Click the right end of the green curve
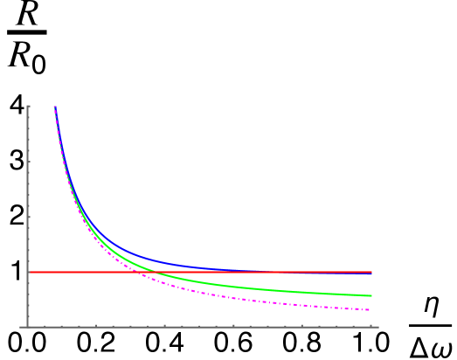tap(371, 295)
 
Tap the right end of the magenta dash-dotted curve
tap(371, 309)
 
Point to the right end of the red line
tap(371, 272)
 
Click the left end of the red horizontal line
tap(29, 272)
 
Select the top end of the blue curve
tap(54, 106)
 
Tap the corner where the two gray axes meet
tap(28, 327)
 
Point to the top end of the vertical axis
tap(28, 106)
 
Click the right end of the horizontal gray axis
tap(377, 327)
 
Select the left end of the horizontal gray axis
tap(21, 327)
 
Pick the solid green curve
tap(262, 288)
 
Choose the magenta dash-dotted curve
tap(262, 300)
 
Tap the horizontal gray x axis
tap(201, 327)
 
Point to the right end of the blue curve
tap(371, 273)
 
